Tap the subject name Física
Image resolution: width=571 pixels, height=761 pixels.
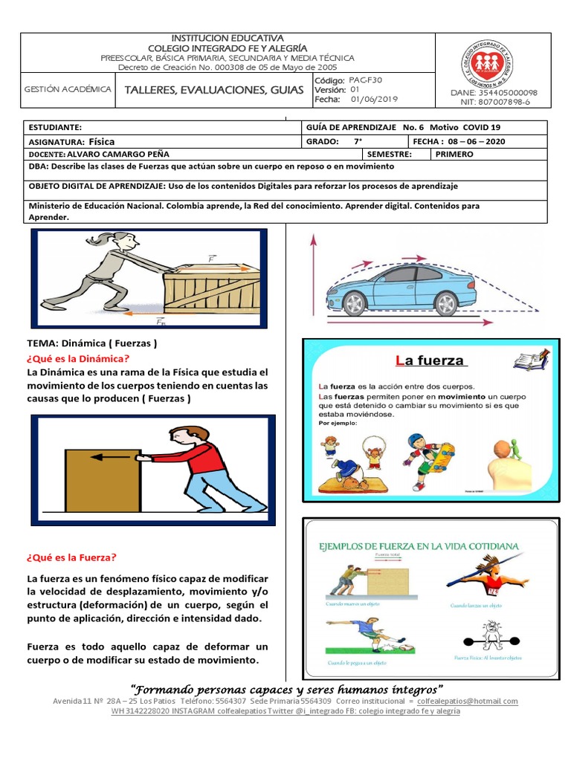(x=101, y=141)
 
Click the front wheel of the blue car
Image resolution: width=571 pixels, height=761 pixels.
(x=445, y=302)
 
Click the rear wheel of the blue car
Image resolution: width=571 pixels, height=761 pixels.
(x=355, y=302)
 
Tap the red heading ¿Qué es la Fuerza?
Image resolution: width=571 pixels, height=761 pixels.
(x=72, y=557)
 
